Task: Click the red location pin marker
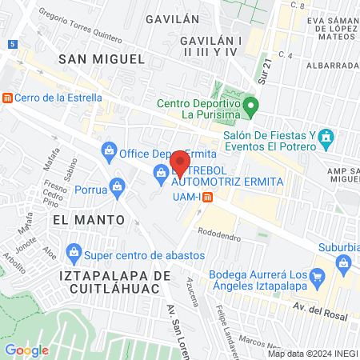point(180,164)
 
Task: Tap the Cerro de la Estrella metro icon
point(7,98)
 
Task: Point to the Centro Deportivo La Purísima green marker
point(251,105)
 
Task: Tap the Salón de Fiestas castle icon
point(326,140)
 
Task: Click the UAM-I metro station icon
point(207,198)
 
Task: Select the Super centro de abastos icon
point(74,251)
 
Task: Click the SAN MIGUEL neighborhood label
point(102,58)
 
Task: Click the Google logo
point(26,350)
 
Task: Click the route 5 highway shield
point(14,44)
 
